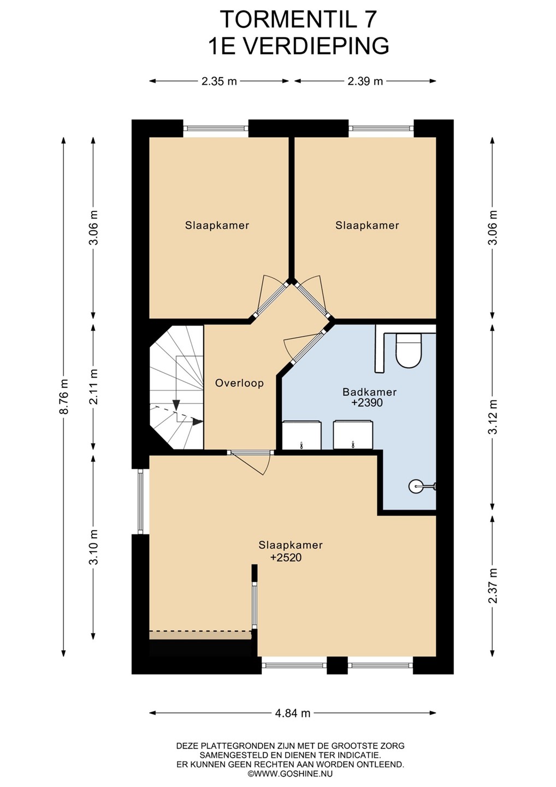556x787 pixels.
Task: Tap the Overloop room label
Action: (x=239, y=383)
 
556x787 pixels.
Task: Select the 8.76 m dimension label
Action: (x=64, y=396)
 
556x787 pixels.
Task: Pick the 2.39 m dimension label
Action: (x=365, y=81)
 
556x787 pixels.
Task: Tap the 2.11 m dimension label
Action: (x=93, y=386)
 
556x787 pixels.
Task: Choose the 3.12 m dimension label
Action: (x=493, y=416)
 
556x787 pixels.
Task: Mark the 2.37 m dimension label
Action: (x=493, y=585)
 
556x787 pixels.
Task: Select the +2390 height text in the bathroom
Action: (x=367, y=403)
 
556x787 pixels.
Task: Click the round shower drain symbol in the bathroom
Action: (x=415, y=486)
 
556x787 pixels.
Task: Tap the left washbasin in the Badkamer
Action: (x=302, y=434)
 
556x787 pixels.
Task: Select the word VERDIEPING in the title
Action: (x=316, y=46)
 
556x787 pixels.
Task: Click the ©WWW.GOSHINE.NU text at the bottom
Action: (x=290, y=774)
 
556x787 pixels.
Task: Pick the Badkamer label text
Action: (x=370, y=392)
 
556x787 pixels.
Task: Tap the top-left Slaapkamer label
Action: (x=217, y=225)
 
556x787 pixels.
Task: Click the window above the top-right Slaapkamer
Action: (x=381, y=128)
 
